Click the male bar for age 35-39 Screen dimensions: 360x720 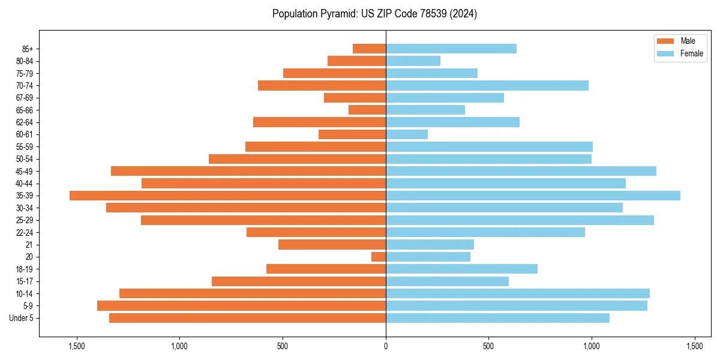point(227,196)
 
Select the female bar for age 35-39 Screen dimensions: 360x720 point(533,196)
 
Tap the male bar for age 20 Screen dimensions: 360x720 point(379,257)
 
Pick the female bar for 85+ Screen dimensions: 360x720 point(451,49)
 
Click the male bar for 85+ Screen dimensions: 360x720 point(369,49)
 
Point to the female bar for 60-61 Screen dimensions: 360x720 point(407,134)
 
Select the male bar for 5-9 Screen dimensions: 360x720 point(241,306)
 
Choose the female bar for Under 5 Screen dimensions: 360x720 point(497,318)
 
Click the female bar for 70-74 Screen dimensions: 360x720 point(487,85)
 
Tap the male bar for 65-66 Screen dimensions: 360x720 point(367,110)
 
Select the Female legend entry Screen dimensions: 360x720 point(680,53)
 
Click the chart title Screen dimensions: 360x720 point(374,14)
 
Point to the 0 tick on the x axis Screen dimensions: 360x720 point(386,346)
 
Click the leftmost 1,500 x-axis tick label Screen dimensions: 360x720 point(77,346)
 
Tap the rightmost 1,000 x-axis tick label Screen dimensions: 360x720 point(592,346)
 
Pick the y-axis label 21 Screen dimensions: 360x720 point(29,245)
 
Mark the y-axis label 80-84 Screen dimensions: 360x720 point(25,61)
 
